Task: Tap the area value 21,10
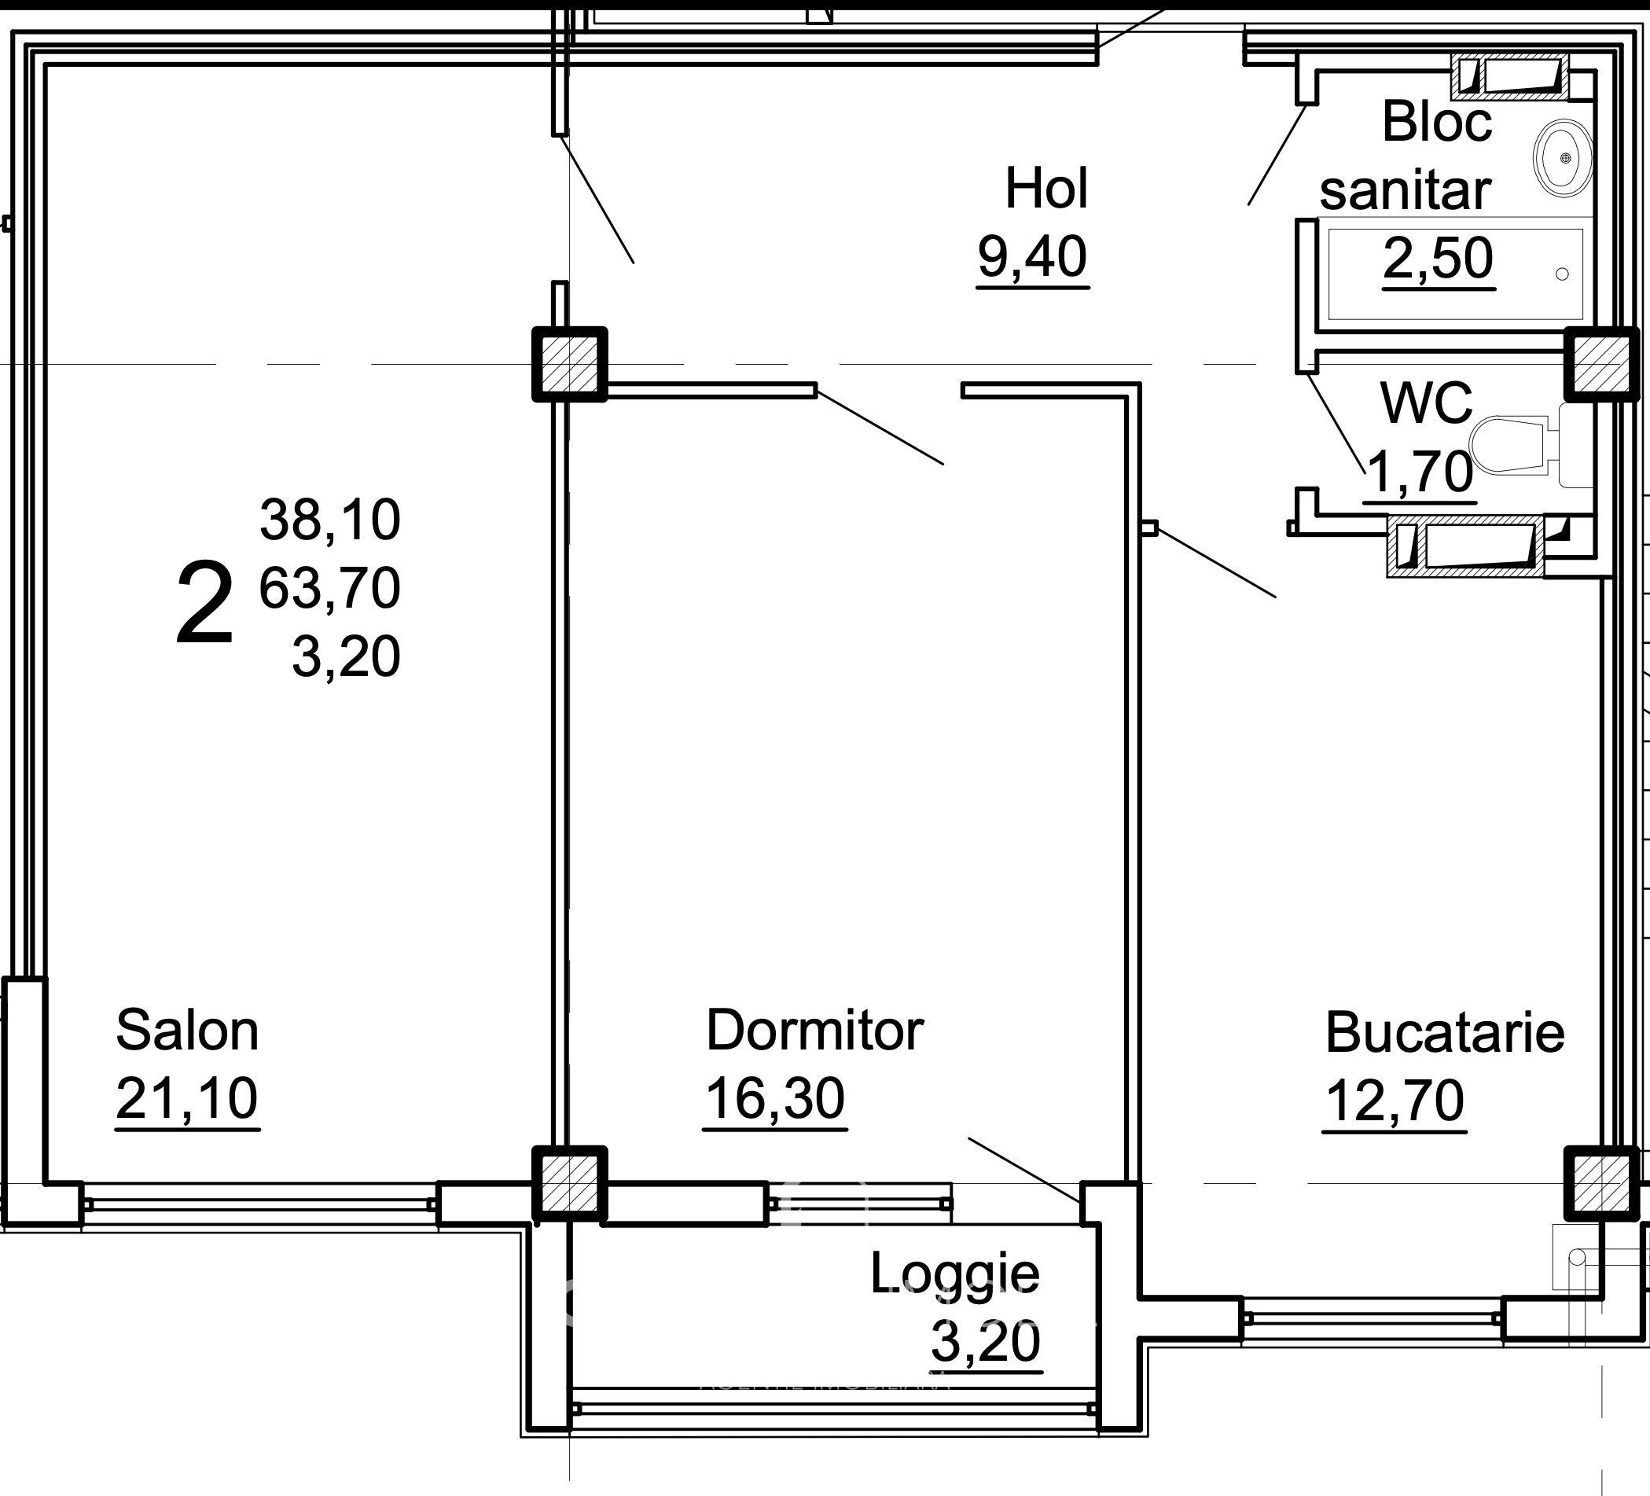186,1098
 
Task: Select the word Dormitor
814,1031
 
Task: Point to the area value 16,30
774,1098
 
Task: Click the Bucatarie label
1445,1033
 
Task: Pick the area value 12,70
1394,1101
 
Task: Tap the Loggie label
954,1274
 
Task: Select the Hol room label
1046,189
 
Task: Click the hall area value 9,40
1032,256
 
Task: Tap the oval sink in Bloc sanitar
1564,158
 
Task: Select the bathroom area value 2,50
1438,258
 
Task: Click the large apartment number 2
204,604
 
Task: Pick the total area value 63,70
329,587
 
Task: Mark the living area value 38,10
329,520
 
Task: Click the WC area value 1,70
1419,472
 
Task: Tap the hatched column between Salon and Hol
570,364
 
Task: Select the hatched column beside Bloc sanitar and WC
1602,364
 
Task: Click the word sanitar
1405,191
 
